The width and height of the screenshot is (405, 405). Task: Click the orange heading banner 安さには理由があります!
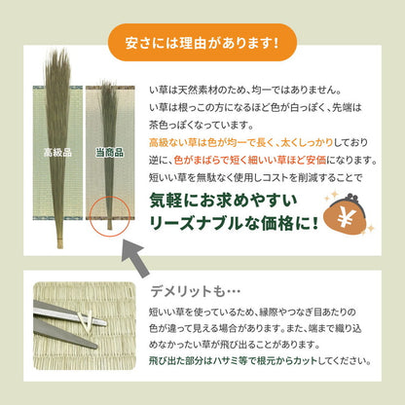(202, 43)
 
